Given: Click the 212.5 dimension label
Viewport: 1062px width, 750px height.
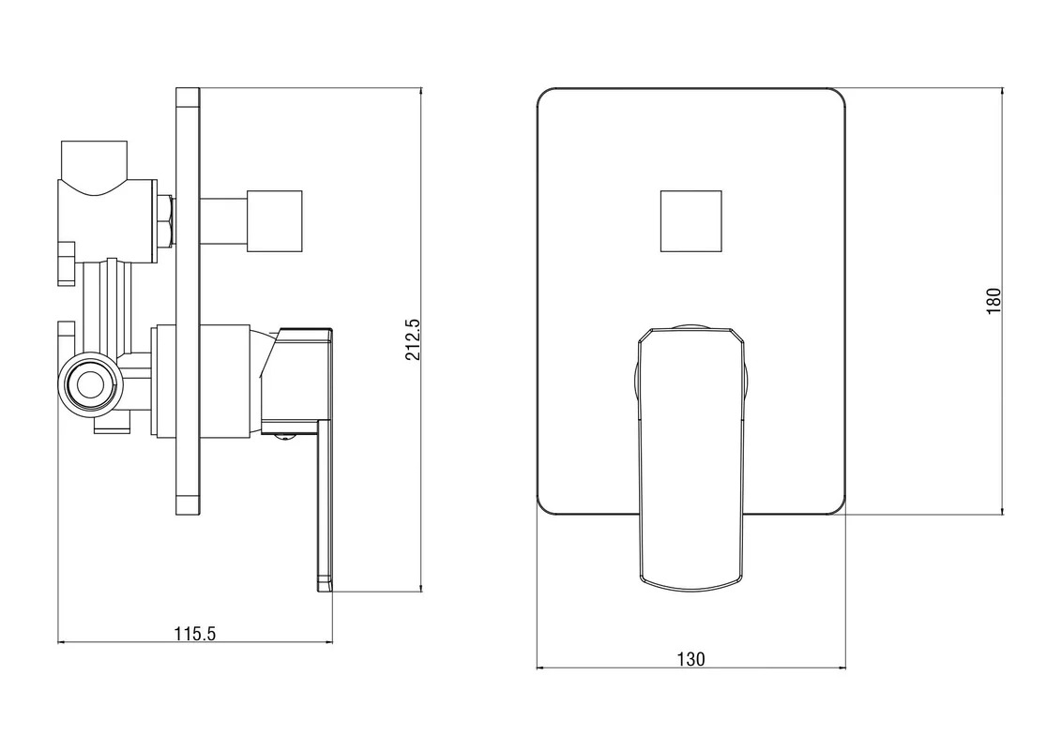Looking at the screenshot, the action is point(413,340).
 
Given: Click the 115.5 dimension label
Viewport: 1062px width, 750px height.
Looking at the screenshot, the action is point(195,634).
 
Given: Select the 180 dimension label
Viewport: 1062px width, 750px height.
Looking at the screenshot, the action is point(993,301).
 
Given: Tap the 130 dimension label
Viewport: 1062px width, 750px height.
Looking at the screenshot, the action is point(690,659).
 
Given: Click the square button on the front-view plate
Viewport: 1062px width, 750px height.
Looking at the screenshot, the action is point(690,220).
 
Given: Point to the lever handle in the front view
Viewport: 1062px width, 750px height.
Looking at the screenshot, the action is point(690,457).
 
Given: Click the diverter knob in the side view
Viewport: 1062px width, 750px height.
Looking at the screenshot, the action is point(274,220).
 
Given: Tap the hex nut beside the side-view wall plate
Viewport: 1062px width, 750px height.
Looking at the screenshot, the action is point(166,220).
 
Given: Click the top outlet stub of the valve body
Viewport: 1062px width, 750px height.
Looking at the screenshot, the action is point(94,160).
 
